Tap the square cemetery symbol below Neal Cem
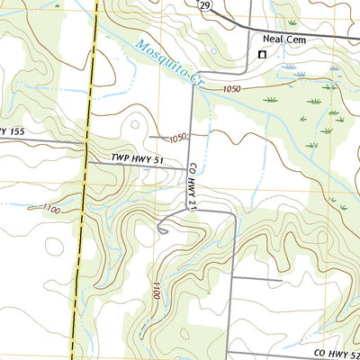click(x=262, y=55)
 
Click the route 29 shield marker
click(x=205, y=5)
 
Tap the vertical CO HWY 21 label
click(x=192, y=188)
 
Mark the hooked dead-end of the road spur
click(x=159, y=231)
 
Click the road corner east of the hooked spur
click(x=237, y=216)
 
